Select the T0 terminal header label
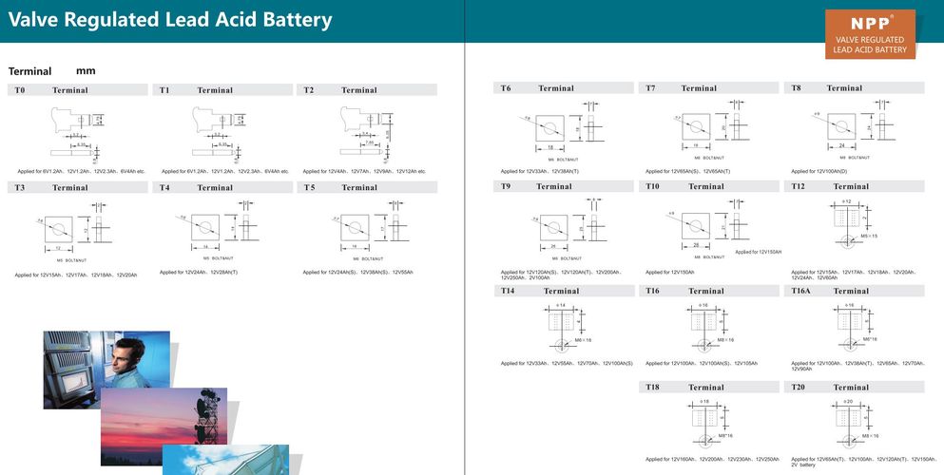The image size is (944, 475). click(x=19, y=90)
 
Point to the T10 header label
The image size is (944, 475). click(x=653, y=186)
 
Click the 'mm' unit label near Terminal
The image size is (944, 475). click(x=86, y=71)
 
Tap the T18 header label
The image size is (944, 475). click(x=653, y=387)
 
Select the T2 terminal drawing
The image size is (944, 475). click(x=361, y=128)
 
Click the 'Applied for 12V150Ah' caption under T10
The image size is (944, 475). click(x=670, y=272)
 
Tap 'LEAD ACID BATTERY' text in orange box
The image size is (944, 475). click(x=870, y=49)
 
